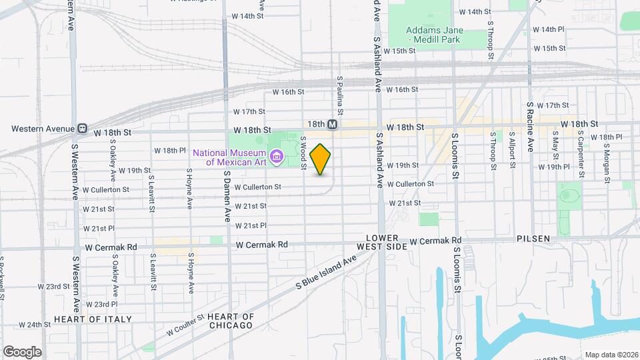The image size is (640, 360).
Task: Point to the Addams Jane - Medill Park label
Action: pos(433,35)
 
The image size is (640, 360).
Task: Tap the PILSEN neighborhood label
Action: pos(533,238)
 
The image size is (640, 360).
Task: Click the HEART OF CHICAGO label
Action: pos(230,321)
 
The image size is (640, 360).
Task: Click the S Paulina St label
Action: pos(340,93)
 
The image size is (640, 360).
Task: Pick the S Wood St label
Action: pos(303,151)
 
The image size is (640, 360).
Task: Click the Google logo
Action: pos(22,351)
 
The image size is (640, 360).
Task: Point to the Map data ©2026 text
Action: pos(611,355)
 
